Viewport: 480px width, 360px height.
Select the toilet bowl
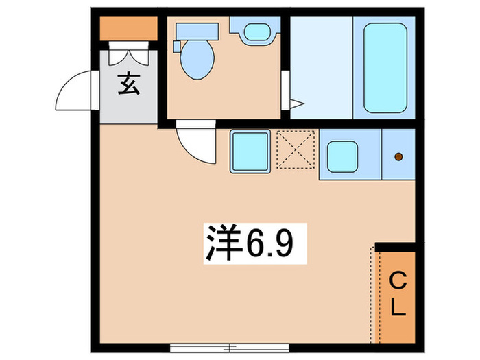pyautogui.click(x=197, y=58)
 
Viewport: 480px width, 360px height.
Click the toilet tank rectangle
pyautogui.click(x=197, y=31)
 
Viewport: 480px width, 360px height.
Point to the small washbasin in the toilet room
pyautogui.click(x=255, y=32)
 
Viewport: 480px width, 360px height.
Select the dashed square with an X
pyautogui.click(x=296, y=149)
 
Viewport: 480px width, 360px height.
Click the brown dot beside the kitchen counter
pyautogui.click(x=398, y=157)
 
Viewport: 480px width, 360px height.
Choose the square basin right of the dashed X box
pyautogui.click(x=342, y=157)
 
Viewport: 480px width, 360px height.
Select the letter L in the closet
pyautogui.click(x=397, y=306)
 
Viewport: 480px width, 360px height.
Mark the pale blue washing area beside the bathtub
pyautogui.click(x=321, y=67)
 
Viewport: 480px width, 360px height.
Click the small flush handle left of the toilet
pyautogui.click(x=177, y=46)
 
